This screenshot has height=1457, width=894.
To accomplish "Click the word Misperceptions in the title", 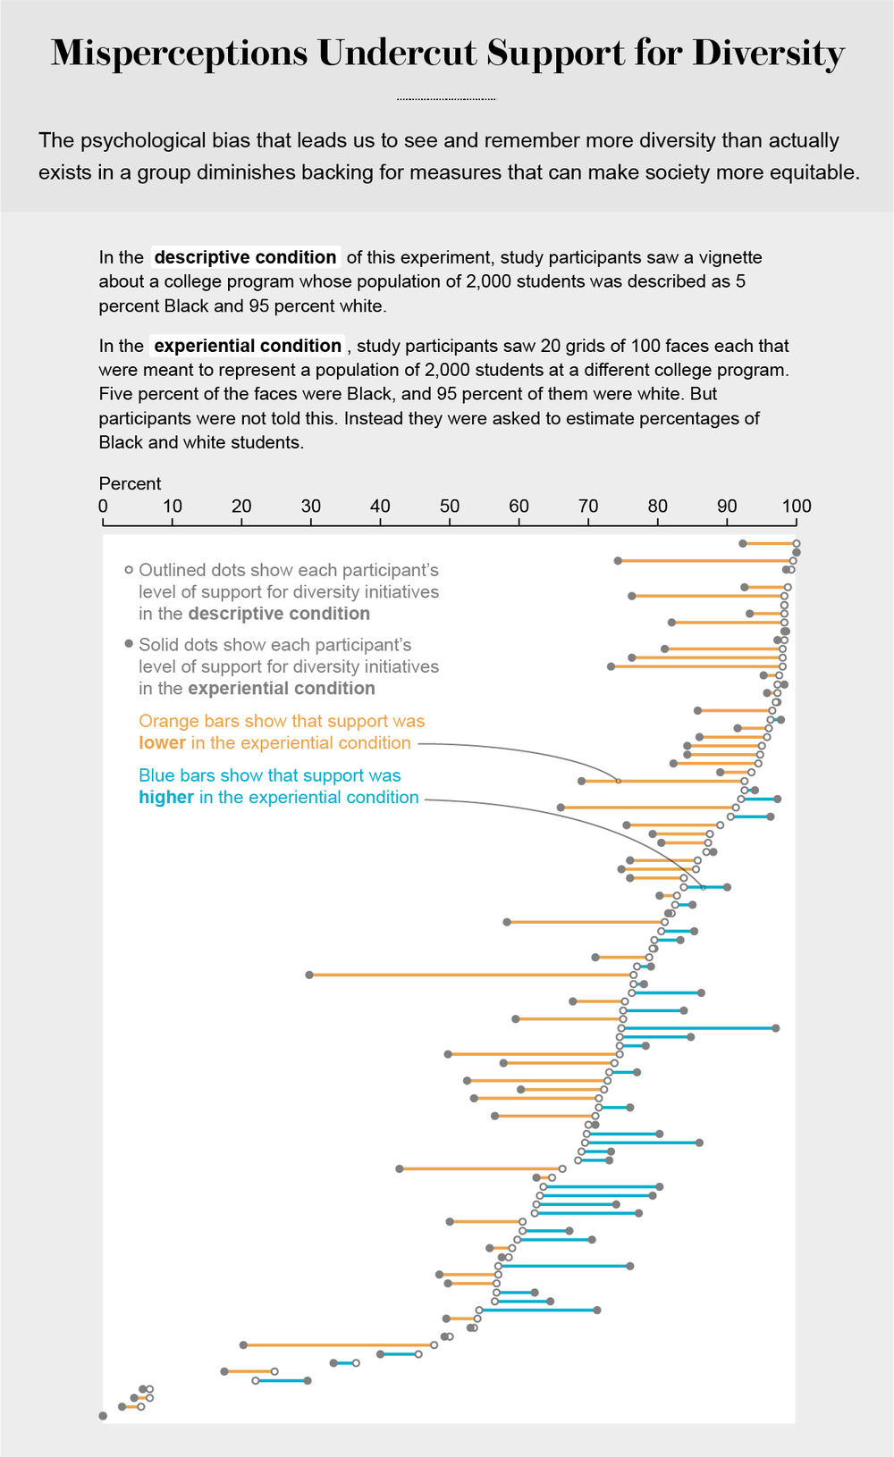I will coord(179,54).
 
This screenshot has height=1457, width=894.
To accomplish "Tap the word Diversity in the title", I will coord(768,54).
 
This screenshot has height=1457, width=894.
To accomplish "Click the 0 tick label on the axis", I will coord(103,507).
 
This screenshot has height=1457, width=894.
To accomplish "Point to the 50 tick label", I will coord(450,507).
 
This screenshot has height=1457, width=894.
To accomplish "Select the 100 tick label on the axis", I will coord(797,507).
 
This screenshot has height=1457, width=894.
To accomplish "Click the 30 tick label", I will coord(311,507).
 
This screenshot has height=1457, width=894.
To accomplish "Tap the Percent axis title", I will coord(130,483).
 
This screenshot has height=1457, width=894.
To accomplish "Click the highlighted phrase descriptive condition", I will coord(245,257).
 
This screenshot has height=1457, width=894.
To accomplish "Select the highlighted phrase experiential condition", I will coord(248,346).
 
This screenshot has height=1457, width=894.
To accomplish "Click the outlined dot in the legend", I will coord(129,570).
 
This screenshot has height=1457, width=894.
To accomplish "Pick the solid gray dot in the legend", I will coord(129,644).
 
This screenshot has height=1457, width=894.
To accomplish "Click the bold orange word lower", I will coord(162,743).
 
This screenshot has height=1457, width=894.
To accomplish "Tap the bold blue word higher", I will coord(166,798).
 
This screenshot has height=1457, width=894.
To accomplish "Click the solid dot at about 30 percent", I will coord(309,975).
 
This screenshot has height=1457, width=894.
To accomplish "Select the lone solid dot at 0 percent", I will coord(103,1416).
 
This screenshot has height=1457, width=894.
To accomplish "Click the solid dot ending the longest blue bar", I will coord(776,1028).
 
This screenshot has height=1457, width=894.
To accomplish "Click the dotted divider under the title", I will coord(446,98).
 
